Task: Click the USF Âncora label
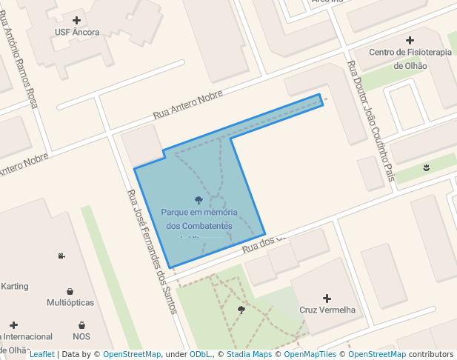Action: pyautogui.click(x=77, y=32)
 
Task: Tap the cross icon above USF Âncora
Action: pyautogui.click(x=77, y=19)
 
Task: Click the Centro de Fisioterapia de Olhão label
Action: pyautogui.click(x=410, y=59)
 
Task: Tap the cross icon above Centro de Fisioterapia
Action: pyautogui.click(x=410, y=40)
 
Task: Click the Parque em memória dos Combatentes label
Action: pyautogui.click(x=199, y=219)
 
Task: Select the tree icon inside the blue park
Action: pyautogui.click(x=199, y=200)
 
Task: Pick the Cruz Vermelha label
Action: pyautogui.click(x=327, y=310)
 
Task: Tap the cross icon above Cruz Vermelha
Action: pyautogui.click(x=327, y=297)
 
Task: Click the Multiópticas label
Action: pyautogui.click(x=70, y=303)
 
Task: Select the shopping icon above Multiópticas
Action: pyautogui.click(x=70, y=290)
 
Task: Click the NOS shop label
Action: pyautogui.click(x=81, y=336)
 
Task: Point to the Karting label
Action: pyautogui.click(x=15, y=286)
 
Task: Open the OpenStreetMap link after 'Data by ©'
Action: pyautogui.click(x=132, y=354)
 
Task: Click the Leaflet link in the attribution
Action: pyautogui.click(x=41, y=354)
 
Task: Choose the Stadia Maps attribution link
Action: pyautogui.click(x=247, y=354)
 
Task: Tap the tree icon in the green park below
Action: pyautogui.click(x=241, y=309)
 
